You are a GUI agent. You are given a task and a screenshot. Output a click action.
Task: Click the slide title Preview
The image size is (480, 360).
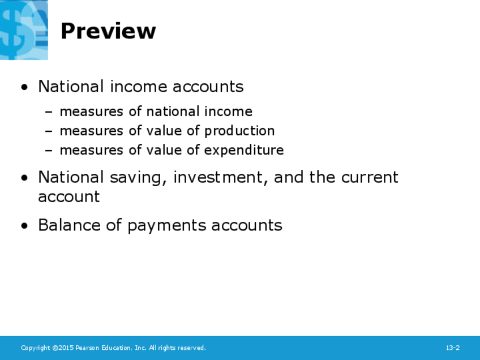pyautogui.click(x=108, y=31)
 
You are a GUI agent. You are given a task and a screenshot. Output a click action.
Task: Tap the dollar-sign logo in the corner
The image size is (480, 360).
pyautogui.click(x=24, y=29)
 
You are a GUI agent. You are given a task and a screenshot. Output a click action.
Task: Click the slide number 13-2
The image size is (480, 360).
pyautogui.click(x=452, y=348)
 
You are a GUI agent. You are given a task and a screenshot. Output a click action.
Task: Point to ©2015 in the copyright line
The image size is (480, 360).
pyautogui.click(x=63, y=348)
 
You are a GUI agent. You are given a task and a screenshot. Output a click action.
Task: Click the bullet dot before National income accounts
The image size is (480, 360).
pyautogui.click(x=24, y=87)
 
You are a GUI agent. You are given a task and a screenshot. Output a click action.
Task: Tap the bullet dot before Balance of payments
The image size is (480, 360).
pyautogui.click(x=24, y=226)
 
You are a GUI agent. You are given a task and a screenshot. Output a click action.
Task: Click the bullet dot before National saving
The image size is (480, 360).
pyautogui.click(x=24, y=178)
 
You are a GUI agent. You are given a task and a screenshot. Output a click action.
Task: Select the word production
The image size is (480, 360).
pyautogui.click(x=239, y=131)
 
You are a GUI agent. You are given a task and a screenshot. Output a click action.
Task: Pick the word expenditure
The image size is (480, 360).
pyautogui.click(x=244, y=151)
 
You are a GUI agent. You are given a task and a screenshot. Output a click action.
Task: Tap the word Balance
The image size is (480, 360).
pyautogui.click(x=69, y=225)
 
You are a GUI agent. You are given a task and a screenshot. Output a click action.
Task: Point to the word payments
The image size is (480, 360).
pyautogui.click(x=167, y=226)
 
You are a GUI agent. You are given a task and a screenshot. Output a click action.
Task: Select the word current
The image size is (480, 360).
pyautogui.click(x=370, y=178)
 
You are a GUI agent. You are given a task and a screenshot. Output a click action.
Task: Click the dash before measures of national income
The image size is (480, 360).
pyautogui.click(x=48, y=112)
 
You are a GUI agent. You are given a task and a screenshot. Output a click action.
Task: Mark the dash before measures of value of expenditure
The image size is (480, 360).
pyautogui.click(x=48, y=151)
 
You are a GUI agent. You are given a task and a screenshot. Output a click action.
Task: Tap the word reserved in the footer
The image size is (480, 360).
pyautogui.click(x=192, y=348)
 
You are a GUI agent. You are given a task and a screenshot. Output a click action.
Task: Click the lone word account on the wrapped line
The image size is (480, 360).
pyautogui.click(x=69, y=197)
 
